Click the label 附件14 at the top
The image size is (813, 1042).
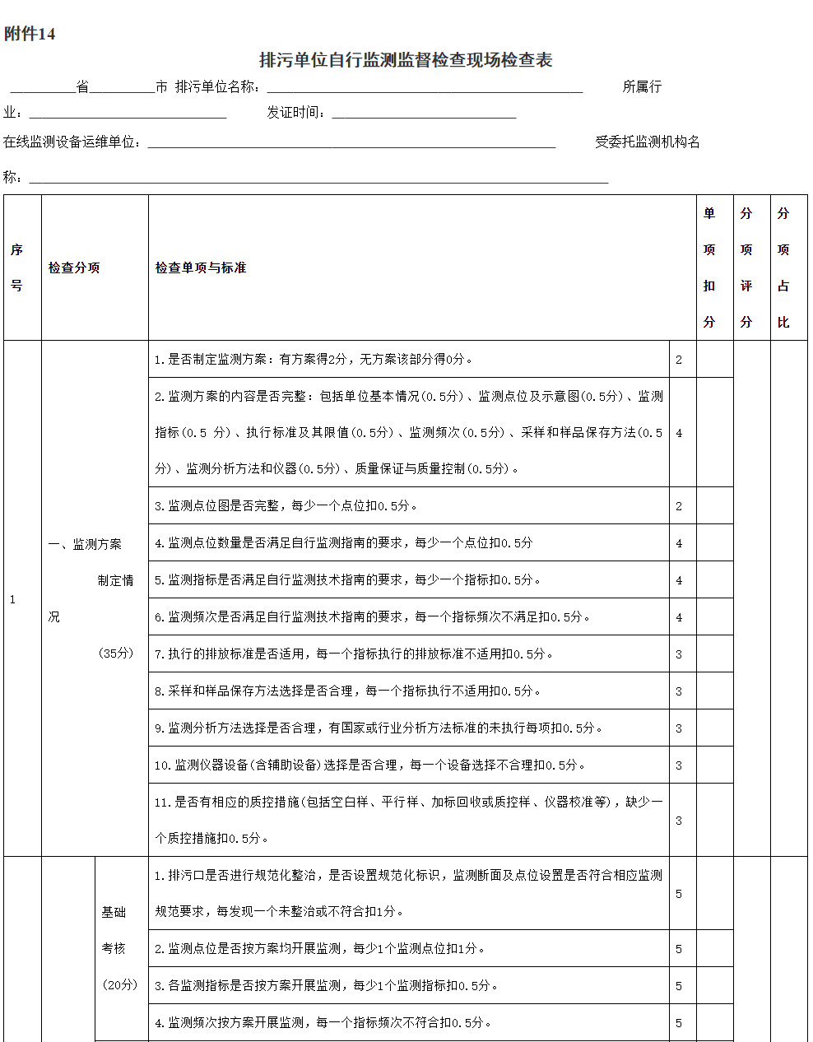pos(30,34)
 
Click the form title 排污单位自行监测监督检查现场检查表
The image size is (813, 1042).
pos(406,60)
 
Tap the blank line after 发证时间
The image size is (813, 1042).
pos(424,114)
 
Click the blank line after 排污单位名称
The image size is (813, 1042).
pos(425,87)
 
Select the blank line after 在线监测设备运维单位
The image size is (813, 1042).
pos(351,143)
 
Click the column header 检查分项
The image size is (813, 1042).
pos(74,267)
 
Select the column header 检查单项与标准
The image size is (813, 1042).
pos(201,267)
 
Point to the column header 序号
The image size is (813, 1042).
pos(16,267)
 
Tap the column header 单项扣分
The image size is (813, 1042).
pos(709,267)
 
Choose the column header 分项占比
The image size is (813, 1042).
pos(783,267)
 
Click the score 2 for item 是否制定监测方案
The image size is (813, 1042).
pos(679,360)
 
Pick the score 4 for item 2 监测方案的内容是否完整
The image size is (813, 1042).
pos(679,433)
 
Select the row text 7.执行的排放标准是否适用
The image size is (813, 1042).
pos(354,654)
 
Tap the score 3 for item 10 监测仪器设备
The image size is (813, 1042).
pos(679,765)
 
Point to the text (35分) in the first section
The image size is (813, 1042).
pos(116,653)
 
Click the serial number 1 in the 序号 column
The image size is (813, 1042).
pos(12,599)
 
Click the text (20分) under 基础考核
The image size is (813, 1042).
pos(120,984)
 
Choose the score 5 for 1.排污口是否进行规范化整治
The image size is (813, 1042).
pos(679,894)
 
